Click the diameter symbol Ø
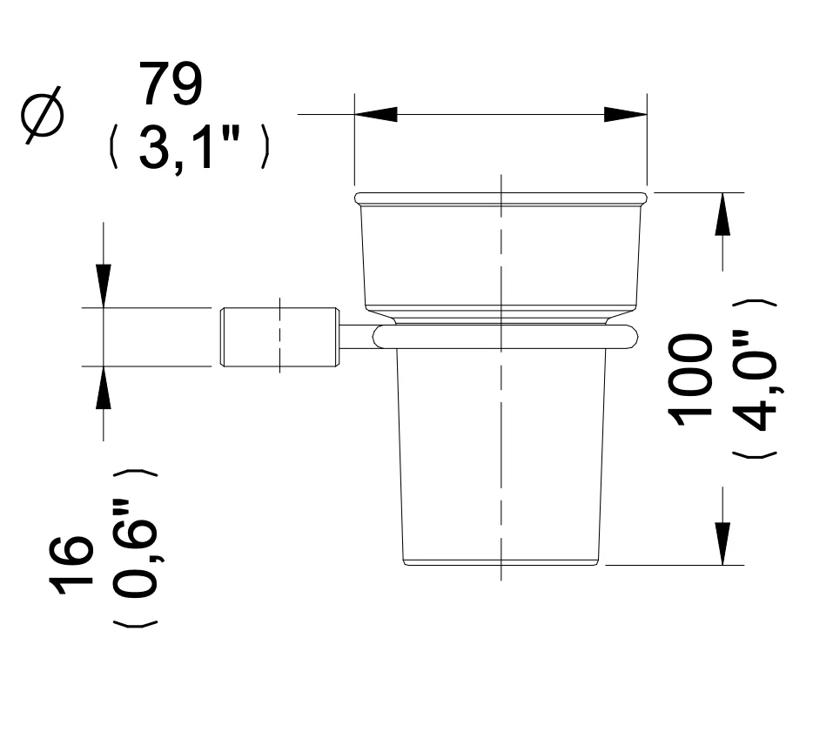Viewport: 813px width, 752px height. [x=43, y=114]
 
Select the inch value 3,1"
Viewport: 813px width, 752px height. [x=190, y=148]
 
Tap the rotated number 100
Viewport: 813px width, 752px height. [x=691, y=379]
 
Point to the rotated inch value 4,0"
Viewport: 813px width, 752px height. [x=755, y=380]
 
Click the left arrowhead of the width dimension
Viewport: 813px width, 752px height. [x=376, y=114]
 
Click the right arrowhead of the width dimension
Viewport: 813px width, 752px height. [x=626, y=114]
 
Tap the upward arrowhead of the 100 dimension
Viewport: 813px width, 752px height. [x=722, y=213]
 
